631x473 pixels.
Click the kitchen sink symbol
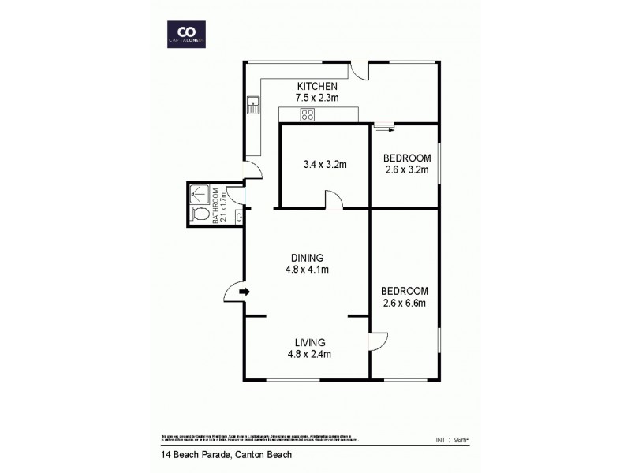tap(254, 101)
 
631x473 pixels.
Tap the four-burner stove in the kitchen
tap(308, 115)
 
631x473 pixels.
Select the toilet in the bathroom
tap(200, 214)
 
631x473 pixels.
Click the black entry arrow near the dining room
tap(245, 292)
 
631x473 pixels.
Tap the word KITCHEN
tap(317, 86)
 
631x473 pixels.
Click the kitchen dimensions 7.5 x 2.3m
tap(317, 98)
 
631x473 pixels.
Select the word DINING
tap(307, 258)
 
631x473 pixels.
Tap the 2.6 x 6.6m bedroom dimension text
tap(405, 302)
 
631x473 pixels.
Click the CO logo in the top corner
tap(187, 32)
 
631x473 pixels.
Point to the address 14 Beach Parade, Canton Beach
tap(218, 455)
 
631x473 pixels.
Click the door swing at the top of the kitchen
tap(360, 71)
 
